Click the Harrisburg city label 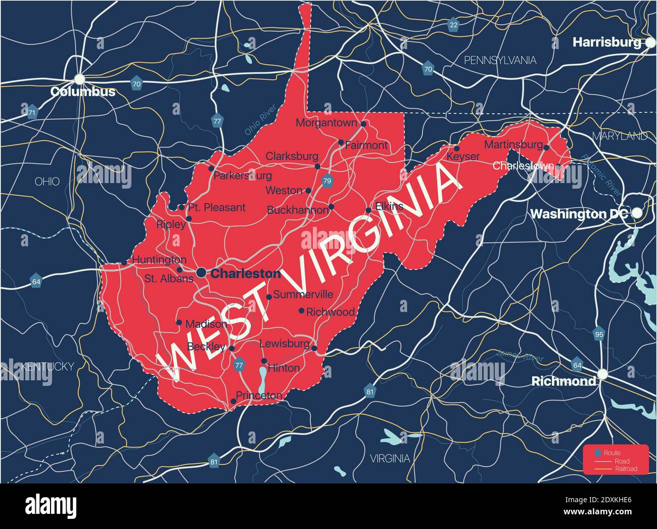pyautogui.click(x=606, y=42)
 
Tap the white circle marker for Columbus pyautogui.click(x=79, y=79)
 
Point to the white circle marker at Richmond pyautogui.click(x=602, y=374)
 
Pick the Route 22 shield pyautogui.click(x=453, y=25)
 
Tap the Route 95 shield pyautogui.click(x=599, y=334)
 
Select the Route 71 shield pyautogui.click(x=32, y=112)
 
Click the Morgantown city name pyautogui.click(x=326, y=123)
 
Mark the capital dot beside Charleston pyautogui.click(x=201, y=273)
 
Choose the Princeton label pyautogui.click(x=259, y=395)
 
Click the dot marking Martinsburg pyautogui.click(x=546, y=147)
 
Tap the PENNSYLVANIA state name pyautogui.click(x=500, y=61)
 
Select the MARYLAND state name pyautogui.click(x=620, y=136)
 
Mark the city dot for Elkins pyautogui.click(x=368, y=211)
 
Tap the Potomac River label pyautogui.click(x=600, y=174)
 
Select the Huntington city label pyautogui.click(x=159, y=259)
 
